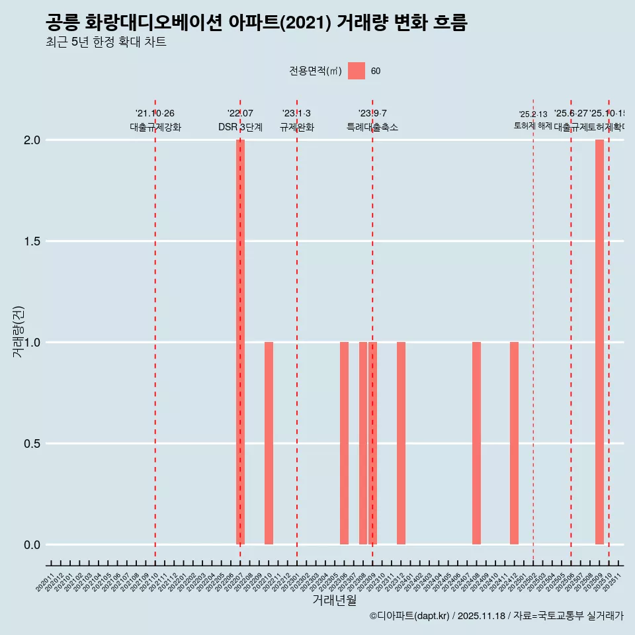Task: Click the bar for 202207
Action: click(241, 342)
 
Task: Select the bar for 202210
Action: click(269, 443)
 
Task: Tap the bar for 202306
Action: click(344, 443)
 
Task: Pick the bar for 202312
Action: click(401, 443)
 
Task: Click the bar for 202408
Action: click(476, 443)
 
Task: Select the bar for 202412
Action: click(514, 443)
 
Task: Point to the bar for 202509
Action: click(599, 342)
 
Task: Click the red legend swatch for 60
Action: click(357, 71)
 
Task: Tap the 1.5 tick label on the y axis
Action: click(31, 241)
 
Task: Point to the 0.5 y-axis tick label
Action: click(31, 444)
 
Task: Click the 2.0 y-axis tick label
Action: click(31, 140)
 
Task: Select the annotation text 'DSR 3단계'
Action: click(241, 128)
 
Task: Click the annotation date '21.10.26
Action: click(155, 114)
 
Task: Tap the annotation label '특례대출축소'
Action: click(372, 128)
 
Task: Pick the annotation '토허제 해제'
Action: click(533, 126)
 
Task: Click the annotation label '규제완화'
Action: click(296, 128)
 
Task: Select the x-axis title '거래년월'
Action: click(334, 601)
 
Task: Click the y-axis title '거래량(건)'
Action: click(18, 331)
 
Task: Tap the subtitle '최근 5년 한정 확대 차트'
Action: click(106, 42)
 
